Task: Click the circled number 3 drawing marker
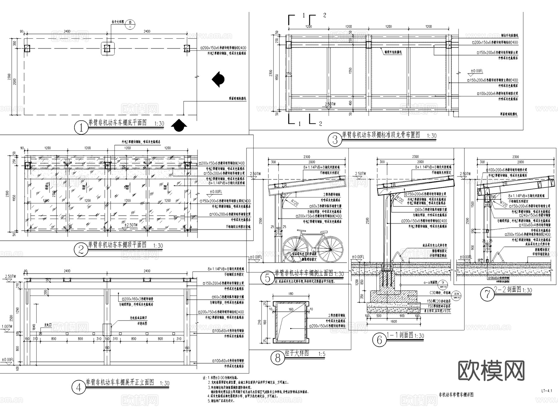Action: pyautogui.click(x=335, y=140)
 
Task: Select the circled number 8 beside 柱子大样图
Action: pyautogui.click(x=277, y=358)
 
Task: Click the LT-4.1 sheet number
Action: pyautogui.click(x=547, y=391)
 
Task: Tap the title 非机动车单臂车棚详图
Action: pyautogui.click(x=456, y=395)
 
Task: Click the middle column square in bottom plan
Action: pyautogui.click(x=107, y=48)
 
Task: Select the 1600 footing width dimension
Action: pyautogui.click(x=393, y=321)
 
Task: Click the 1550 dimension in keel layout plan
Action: pyautogui.click(x=350, y=71)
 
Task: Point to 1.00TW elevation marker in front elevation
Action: pyautogui.click(x=7, y=327)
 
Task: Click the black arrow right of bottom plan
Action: pyautogui.click(x=218, y=79)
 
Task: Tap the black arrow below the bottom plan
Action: pyautogui.click(x=179, y=125)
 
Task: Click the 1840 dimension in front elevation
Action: pyautogui.click(x=34, y=327)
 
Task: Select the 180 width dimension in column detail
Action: pyautogui.click(x=290, y=294)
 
